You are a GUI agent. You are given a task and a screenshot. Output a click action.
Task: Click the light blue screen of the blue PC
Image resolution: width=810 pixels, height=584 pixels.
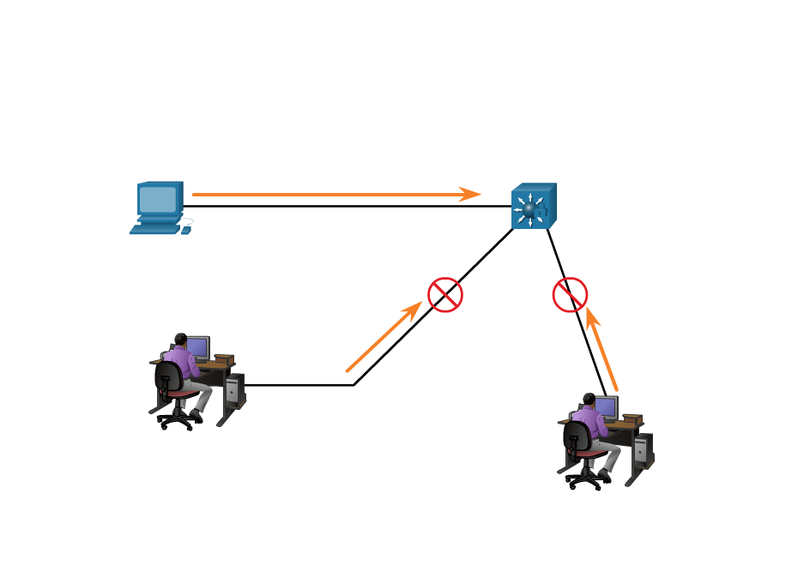tap(158, 199)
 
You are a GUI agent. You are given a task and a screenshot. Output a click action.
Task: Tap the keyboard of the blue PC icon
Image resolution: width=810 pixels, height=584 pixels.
tap(154, 229)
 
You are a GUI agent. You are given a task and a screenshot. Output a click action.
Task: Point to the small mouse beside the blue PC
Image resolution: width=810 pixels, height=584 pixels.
tap(186, 230)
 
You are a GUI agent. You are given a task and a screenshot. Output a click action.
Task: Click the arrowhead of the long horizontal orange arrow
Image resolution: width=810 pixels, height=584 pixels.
tap(471, 195)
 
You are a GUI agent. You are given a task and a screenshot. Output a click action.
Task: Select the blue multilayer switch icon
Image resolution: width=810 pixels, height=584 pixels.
tap(533, 206)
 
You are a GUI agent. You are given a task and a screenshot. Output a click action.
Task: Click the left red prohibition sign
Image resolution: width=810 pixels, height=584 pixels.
tap(445, 295)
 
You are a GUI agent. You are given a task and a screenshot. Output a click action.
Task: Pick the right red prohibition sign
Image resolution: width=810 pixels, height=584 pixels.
tap(570, 295)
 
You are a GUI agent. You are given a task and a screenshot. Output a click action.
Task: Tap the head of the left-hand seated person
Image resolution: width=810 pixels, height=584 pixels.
tap(179, 340)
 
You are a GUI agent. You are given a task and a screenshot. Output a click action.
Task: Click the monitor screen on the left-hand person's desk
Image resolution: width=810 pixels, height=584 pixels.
tap(198, 346)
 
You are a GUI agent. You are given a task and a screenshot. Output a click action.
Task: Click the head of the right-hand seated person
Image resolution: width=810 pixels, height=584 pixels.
tap(588, 400)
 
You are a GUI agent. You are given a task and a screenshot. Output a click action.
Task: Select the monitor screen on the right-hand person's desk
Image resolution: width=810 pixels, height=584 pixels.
tap(607, 406)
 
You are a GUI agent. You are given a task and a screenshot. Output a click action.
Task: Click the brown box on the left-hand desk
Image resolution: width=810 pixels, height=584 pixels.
tap(224, 358)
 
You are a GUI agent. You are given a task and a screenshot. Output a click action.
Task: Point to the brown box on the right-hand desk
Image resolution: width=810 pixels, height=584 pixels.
tap(632, 418)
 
